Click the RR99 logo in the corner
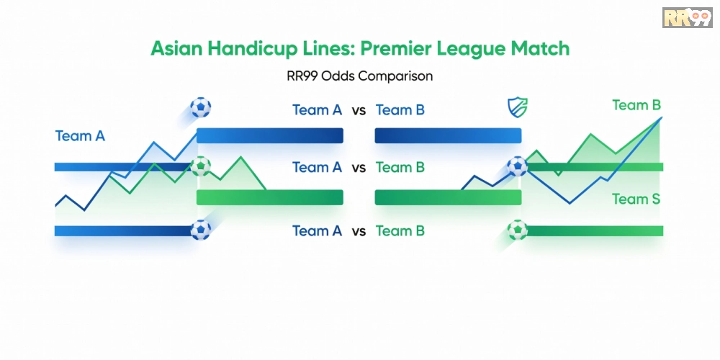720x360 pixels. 687,17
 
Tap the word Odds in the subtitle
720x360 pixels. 338,76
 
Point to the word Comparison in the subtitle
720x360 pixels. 395,76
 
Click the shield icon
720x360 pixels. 518,107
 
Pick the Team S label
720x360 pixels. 636,199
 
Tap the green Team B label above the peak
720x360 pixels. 636,105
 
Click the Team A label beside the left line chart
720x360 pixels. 80,136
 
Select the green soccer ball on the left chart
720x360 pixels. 201,166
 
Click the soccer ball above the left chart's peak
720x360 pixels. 201,107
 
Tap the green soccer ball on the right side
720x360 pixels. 518,230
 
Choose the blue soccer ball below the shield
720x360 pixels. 518,166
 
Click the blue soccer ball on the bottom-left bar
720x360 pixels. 201,230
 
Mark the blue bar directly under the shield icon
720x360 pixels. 448,135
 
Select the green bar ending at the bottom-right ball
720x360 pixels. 594,230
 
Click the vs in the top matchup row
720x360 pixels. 359,111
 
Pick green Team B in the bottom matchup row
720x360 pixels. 400,231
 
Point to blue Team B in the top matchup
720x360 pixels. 400,110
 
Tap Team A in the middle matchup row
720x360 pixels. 318,168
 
